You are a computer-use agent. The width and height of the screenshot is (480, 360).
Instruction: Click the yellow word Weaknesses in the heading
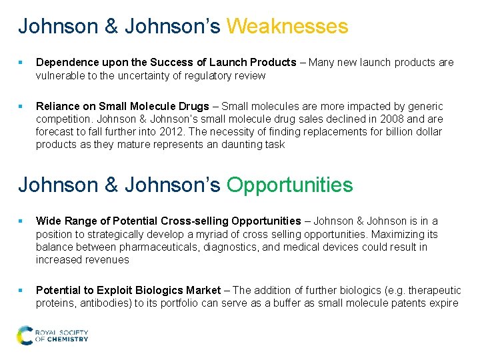click(287, 27)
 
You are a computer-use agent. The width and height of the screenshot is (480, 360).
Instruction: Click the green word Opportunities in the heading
click(289, 185)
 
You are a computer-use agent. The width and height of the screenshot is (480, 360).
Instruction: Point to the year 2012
click(173, 132)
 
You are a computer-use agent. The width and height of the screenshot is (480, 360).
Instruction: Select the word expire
click(443, 303)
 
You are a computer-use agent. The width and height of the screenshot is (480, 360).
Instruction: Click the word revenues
click(107, 259)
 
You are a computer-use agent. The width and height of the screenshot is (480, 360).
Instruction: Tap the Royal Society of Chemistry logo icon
click(25, 335)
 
